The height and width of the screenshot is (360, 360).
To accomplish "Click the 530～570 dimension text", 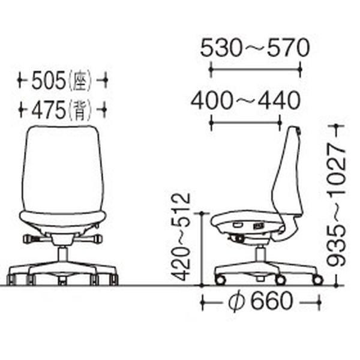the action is coord(255,48).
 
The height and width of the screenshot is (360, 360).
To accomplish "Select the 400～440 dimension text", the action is coord(245,101).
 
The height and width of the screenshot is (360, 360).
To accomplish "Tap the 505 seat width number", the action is coord(49,80).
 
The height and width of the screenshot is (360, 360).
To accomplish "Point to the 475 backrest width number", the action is coord(49,110).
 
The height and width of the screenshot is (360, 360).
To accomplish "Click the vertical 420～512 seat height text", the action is coord(182,237).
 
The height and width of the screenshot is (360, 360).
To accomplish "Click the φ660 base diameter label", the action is coord(261,301).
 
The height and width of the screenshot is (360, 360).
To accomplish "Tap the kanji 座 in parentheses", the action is coord(79,80).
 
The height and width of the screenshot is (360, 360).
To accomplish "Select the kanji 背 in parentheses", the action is coord(79,110).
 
